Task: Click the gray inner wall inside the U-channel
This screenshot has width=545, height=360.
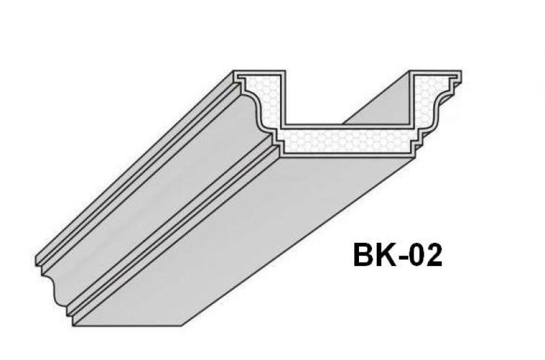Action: coord(378,102)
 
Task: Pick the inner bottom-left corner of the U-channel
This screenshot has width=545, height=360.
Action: coord(284,126)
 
